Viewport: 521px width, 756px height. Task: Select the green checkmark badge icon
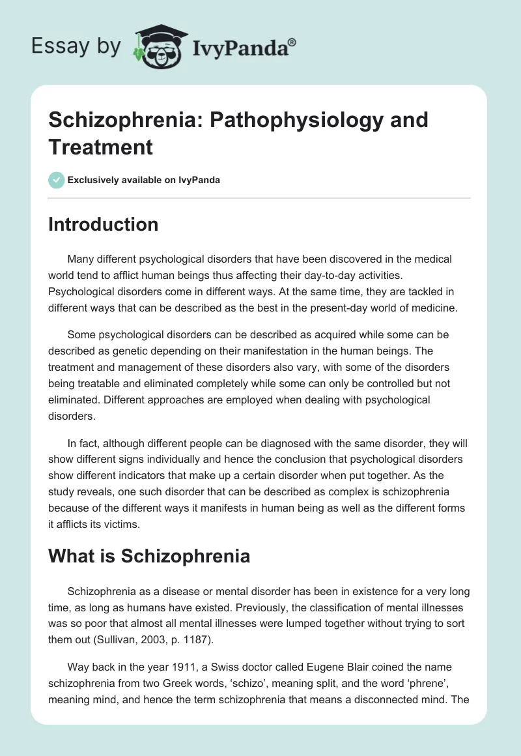coord(57,180)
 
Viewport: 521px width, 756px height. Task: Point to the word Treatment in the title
coord(100,147)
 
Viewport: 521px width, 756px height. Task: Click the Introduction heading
coord(103,224)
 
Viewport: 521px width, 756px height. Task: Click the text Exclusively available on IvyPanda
coord(144,180)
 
